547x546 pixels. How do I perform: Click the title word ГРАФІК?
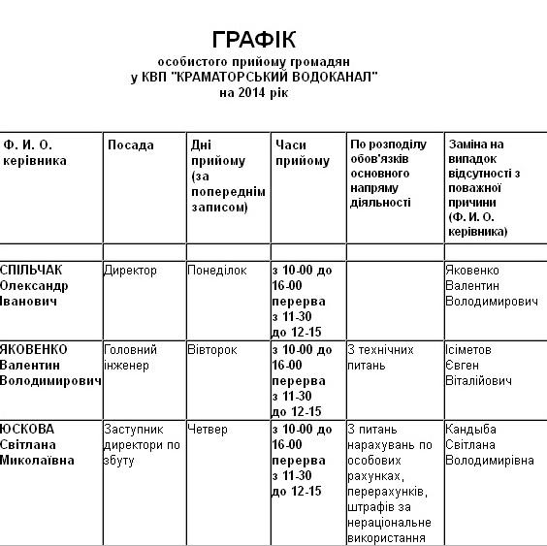click(254, 40)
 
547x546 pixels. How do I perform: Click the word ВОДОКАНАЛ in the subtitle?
click(331, 77)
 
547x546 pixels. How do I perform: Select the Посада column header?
click(131, 145)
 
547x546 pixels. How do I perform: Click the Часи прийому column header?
click(301, 153)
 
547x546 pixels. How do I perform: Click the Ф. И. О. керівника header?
click(36, 153)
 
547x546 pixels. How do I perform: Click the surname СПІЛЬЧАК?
click(35, 271)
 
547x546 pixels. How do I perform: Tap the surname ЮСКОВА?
click(28, 429)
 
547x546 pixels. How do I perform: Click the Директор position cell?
click(130, 271)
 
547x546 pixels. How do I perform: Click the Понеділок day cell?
click(218, 271)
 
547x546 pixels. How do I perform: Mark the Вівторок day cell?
click(212, 349)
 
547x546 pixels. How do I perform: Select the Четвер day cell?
click(209, 429)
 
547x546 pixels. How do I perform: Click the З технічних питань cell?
click(381, 357)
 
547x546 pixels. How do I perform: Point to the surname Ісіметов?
click(468, 349)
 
